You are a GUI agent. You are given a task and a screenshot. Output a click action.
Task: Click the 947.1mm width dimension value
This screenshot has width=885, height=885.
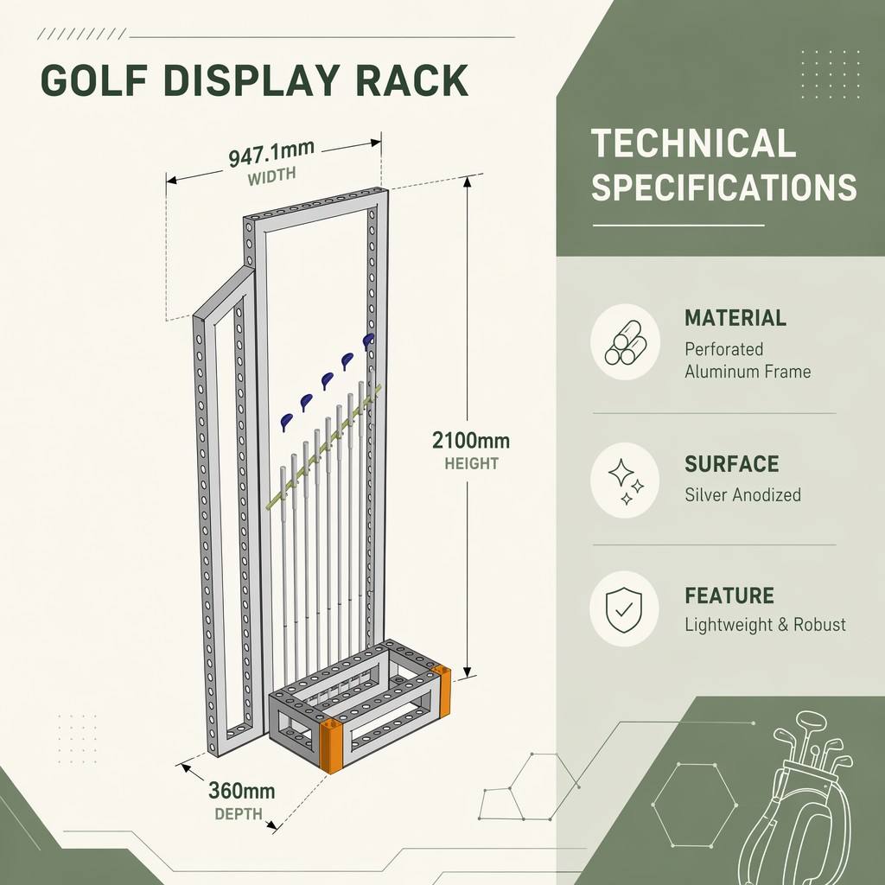tap(271, 154)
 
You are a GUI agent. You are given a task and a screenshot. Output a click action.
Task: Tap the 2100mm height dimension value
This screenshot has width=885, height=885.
tap(471, 440)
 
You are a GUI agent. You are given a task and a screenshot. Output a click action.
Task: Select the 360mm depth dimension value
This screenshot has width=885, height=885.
tap(242, 790)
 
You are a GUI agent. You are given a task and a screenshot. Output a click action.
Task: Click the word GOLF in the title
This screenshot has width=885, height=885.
tap(94, 80)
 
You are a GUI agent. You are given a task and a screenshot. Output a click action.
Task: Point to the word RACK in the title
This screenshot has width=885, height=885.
tap(412, 80)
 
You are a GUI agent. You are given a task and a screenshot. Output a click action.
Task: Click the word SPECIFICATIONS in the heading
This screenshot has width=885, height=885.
tap(724, 188)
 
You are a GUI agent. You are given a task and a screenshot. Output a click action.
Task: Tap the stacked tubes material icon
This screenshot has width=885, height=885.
tap(626, 342)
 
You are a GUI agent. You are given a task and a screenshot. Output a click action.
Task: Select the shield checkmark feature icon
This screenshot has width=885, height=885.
tap(624, 609)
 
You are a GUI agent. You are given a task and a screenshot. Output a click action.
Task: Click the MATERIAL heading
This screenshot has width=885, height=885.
tap(735, 318)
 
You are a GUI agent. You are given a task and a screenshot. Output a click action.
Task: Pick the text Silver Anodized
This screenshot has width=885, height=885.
tap(742, 495)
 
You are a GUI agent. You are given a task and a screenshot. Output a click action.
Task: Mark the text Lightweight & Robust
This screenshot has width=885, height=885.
tap(766, 625)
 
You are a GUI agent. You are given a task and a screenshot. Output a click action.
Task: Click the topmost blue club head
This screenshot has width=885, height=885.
tap(368, 341)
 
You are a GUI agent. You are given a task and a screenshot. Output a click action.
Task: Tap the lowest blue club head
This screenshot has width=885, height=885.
tap(286, 422)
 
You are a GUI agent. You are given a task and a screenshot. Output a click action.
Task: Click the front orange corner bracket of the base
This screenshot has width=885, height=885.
tap(331, 745)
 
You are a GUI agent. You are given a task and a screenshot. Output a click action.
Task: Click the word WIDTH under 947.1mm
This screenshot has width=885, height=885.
tap(271, 176)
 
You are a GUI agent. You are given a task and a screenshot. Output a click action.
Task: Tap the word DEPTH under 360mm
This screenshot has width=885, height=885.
tap(239, 814)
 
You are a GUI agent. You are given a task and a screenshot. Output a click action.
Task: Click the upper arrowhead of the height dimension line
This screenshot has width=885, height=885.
tap(467, 181)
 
